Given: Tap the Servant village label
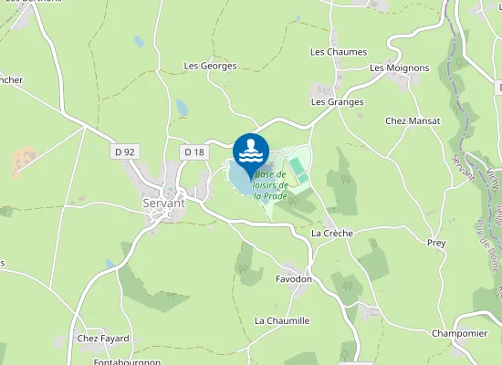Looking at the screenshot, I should click(164, 203).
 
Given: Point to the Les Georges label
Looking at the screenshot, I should click(210, 66).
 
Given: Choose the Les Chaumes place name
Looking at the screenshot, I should click(339, 52).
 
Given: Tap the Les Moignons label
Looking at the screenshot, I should click(400, 68).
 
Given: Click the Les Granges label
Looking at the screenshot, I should click(337, 102).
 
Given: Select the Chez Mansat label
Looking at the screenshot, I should click(413, 120).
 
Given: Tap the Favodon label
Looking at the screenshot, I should click(293, 278).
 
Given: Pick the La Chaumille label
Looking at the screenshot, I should click(282, 320).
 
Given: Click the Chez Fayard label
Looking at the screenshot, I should click(103, 339).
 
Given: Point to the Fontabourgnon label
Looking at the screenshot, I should click(126, 361).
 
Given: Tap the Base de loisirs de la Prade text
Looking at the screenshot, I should click(271, 184).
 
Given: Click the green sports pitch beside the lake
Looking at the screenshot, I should click(296, 168).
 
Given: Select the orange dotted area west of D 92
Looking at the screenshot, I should click(25, 162).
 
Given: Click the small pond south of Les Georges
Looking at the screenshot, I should click(182, 108).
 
